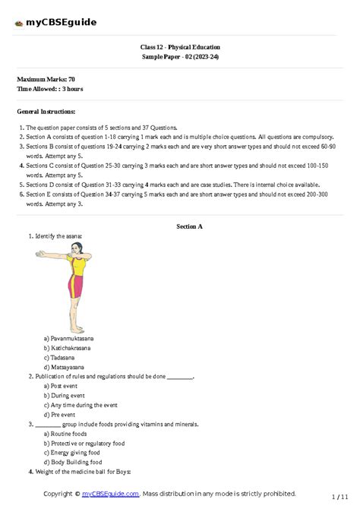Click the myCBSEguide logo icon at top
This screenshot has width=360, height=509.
click(x=18, y=23)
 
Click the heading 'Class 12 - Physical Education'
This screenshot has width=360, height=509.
click(x=180, y=47)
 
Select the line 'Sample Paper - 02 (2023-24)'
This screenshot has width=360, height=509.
click(x=180, y=57)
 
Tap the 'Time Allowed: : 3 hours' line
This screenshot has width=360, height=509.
click(x=50, y=89)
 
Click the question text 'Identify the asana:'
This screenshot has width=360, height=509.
click(x=57, y=237)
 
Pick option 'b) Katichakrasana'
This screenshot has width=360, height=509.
click(x=68, y=348)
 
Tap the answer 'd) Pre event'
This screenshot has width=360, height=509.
click(x=62, y=415)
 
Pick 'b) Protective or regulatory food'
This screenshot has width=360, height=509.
click(x=85, y=443)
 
